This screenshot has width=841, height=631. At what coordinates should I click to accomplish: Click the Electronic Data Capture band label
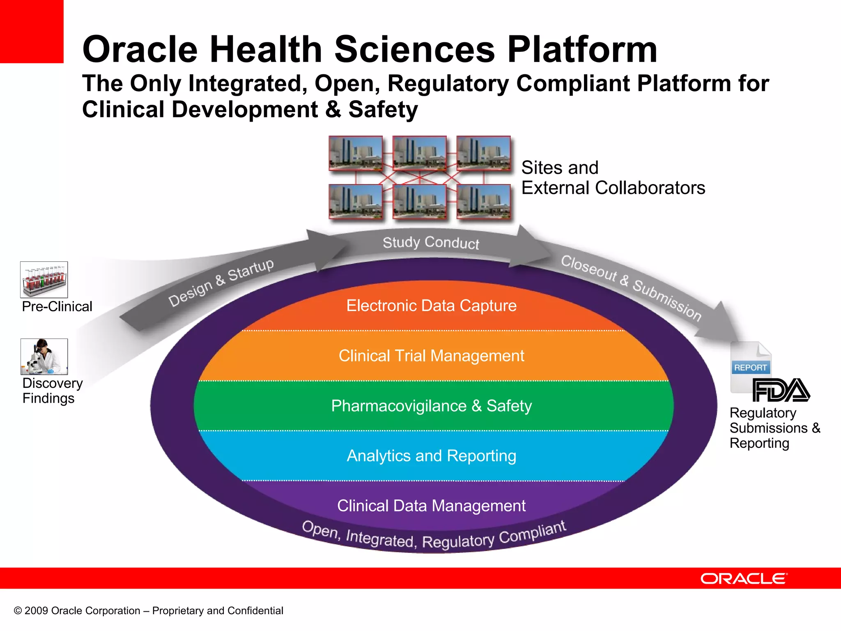pyautogui.click(x=431, y=306)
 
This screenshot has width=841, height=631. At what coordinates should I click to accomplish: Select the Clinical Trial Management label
pyautogui.click(x=431, y=356)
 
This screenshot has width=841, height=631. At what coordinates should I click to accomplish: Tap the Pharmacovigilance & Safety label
pyautogui.click(x=431, y=406)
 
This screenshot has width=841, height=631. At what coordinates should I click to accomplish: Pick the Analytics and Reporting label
pyautogui.click(x=431, y=456)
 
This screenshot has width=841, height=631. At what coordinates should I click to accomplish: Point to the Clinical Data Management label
pyautogui.click(x=431, y=506)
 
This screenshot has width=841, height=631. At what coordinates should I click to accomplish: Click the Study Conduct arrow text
pyautogui.click(x=431, y=243)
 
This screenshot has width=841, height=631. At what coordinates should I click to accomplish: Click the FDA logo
pyautogui.click(x=781, y=390)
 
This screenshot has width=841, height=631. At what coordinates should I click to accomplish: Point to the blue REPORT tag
pyautogui.click(x=750, y=368)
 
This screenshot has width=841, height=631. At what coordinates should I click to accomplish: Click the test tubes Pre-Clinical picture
pyautogui.click(x=44, y=280)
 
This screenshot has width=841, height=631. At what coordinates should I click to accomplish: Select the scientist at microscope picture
pyautogui.click(x=44, y=357)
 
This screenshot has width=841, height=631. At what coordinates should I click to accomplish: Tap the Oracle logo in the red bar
pyautogui.click(x=744, y=578)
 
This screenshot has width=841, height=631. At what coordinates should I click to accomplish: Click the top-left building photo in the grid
pyautogui.click(x=356, y=153)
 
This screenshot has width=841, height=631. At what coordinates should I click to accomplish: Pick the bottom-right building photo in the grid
pyautogui.click(x=483, y=202)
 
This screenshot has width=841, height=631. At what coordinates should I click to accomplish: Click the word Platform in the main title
pyautogui.click(x=582, y=50)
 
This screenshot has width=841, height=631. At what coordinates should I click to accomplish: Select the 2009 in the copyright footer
pyautogui.click(x=36, y=611)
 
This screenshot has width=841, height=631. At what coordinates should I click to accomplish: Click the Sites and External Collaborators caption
pyautogui.click(x=613, y=177)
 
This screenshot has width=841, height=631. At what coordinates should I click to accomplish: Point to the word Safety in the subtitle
pyautogui.click(x=383, y=110)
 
